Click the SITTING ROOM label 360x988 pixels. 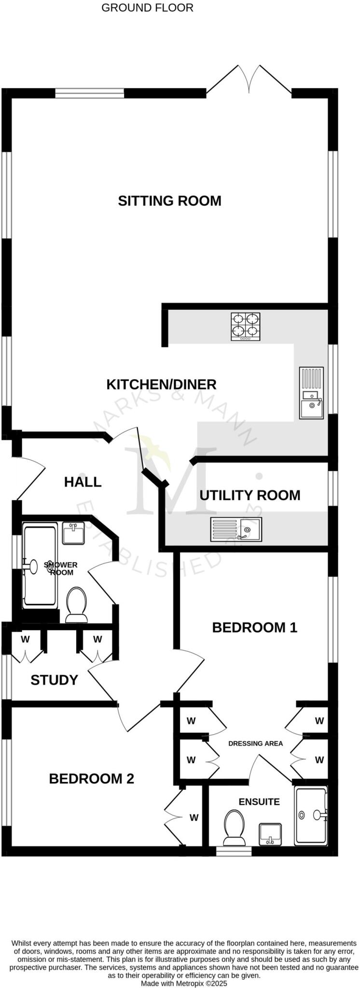pos(169,201)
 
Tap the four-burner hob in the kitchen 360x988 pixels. pos(246,327)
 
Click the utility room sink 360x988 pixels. pos(236,529)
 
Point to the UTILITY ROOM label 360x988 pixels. pos(249,495)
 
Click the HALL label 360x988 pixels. pos(83,481)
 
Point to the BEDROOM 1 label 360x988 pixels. pos(254,627)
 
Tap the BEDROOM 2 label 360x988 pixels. pos(91,778)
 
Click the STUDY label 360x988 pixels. pos(54,680)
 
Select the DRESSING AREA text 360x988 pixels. pos(255,743)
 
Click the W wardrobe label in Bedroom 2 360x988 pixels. pos(194,818)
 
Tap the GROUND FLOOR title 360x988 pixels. pos(147,8)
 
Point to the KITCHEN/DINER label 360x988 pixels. pos(161,384)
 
